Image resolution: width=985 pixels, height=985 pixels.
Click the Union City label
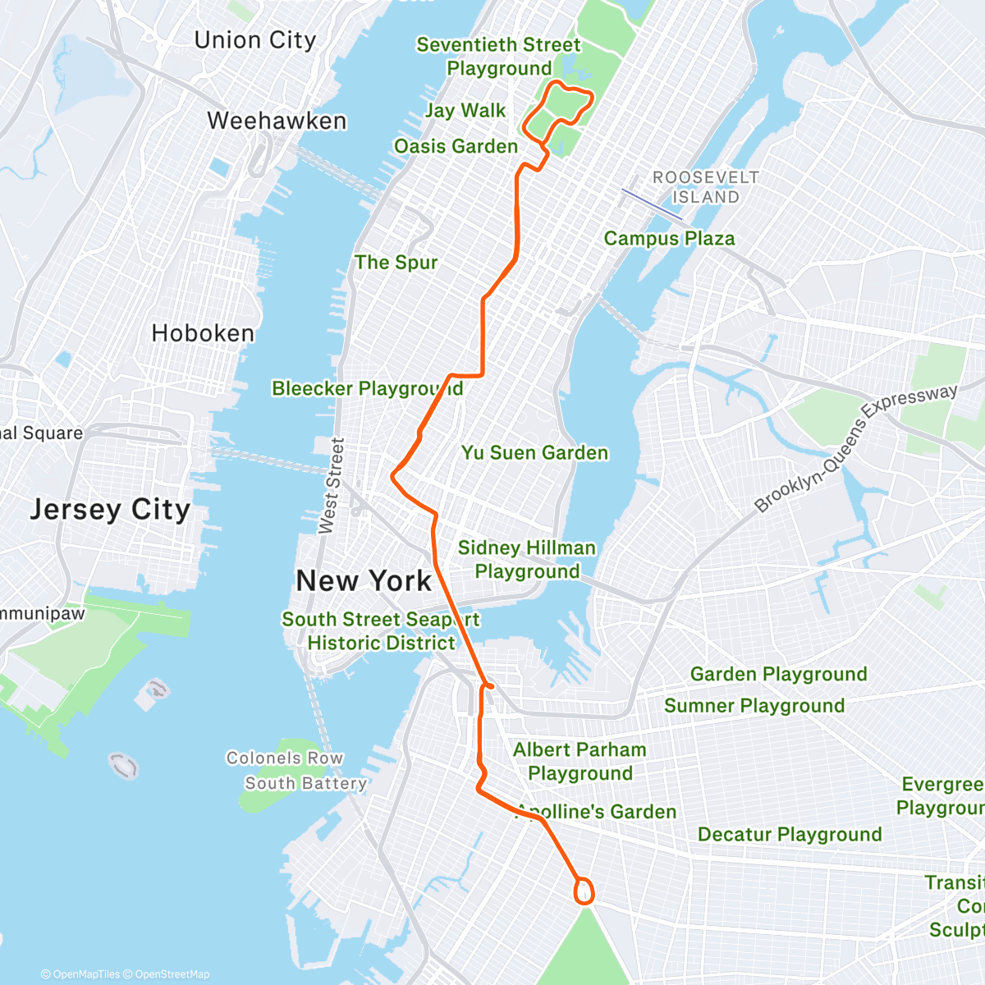tap(254, 40)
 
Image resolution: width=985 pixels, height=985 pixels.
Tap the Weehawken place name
tap(277, 121)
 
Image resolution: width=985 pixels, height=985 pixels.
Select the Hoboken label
tap(203, 333)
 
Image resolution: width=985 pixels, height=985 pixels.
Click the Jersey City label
tap(110, 510)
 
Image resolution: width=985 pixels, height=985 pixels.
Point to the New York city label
tap(364, 581)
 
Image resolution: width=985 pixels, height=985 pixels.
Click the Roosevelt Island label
tap(705, 187)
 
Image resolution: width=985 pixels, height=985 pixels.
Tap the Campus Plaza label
tap(669, 239)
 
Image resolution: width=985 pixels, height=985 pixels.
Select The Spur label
tap(396, 263)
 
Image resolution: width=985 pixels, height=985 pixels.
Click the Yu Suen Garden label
tap(534, 453)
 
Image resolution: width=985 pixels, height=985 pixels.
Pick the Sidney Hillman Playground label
tap(527, 559)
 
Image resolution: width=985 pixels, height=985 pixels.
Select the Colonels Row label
tap(284, 758)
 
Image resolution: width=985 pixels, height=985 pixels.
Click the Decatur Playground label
tap(790, 835)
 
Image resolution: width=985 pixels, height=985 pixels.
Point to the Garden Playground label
tap(778, 675)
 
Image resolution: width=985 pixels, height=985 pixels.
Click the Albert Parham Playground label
tap(580, 761)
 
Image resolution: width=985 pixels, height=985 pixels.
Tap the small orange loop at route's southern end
tap(584, 891)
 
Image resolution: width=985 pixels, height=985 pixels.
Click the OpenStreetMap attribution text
tap(172, 974)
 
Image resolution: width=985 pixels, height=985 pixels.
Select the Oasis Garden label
tap(456, 147)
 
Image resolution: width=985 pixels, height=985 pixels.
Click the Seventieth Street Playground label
tap(498, 57)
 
